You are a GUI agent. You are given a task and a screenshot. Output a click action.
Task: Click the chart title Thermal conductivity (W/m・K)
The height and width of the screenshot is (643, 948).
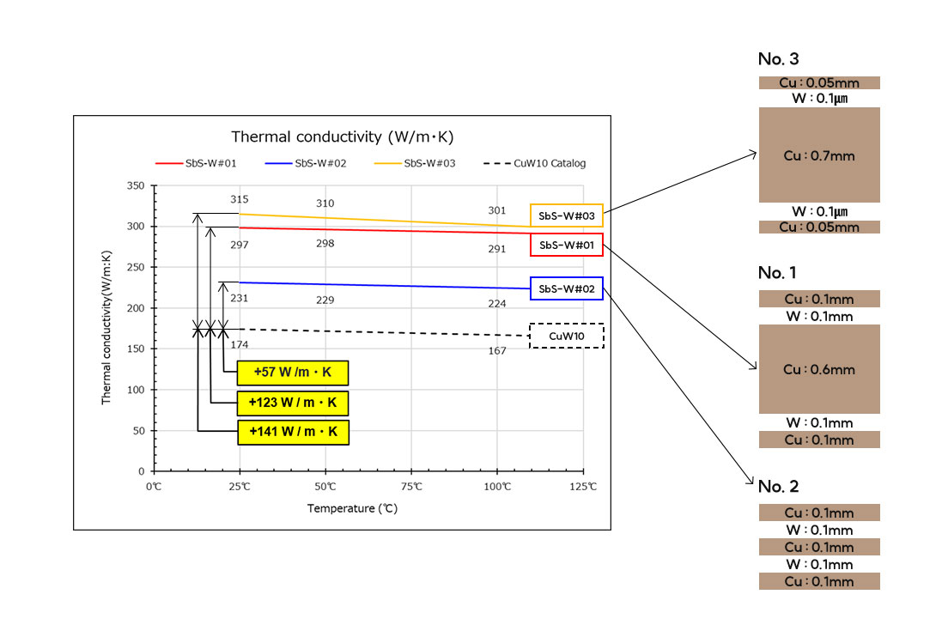tap(342, 137)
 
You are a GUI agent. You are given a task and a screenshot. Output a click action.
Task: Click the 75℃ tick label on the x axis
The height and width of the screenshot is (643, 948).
tap(411, 488)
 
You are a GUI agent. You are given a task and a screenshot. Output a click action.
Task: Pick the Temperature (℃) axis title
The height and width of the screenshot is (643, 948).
tap(352, 508)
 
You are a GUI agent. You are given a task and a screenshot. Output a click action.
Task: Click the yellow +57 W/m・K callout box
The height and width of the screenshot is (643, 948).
tap(292, 373)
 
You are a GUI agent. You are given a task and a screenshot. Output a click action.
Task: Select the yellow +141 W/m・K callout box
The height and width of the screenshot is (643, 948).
tap(292, 432)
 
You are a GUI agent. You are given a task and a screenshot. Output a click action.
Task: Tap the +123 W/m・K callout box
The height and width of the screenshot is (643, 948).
tap(292, 403)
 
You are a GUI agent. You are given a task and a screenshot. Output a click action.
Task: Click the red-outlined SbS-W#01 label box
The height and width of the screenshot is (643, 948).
tap(567, 246)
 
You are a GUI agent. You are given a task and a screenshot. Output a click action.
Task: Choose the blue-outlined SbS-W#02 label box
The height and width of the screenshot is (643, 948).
tap(567, 289)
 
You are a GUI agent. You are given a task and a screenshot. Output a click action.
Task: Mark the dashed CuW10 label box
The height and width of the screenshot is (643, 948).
tap(567, 336)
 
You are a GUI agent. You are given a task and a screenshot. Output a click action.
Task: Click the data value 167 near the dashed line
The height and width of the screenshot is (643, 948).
tap(497, 351)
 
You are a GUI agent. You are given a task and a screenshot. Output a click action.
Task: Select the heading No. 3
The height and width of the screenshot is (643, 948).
tap(778, 59)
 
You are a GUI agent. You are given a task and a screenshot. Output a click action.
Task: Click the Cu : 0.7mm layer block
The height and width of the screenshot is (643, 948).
tap(819, 155)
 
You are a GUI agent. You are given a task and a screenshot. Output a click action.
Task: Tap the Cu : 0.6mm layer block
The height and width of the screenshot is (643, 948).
tap(819, 369)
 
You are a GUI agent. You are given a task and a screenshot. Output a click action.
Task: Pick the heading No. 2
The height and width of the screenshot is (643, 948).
tap(778, 487)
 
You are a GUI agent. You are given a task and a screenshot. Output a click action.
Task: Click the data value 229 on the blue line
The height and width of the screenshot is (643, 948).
tap(325, 300)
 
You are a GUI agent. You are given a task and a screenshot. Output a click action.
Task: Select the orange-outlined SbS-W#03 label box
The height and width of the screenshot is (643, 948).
tap(567, 215)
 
